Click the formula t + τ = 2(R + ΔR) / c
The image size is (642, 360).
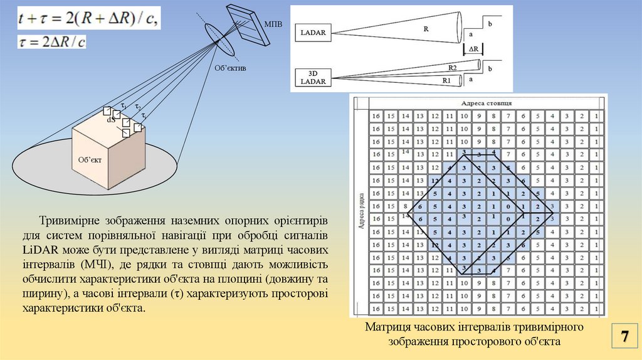click(x=88, y=19)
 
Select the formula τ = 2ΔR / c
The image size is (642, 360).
click(x=52, y=42)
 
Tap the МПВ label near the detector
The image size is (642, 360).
click(x=273, y=23)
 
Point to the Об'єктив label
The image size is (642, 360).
click(x=231, y=68)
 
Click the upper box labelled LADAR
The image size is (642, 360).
click(x=313, y=33)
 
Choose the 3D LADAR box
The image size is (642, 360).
click(x=313, y=77)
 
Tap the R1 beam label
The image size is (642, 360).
click(x=447, y=81)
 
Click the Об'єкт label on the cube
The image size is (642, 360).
click(x=90, y=159)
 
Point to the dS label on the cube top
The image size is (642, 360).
click(x=110, y=119)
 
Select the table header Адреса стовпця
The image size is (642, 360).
click(x=487, y=102)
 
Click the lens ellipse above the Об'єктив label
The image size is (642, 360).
click(x=217, y=38)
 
